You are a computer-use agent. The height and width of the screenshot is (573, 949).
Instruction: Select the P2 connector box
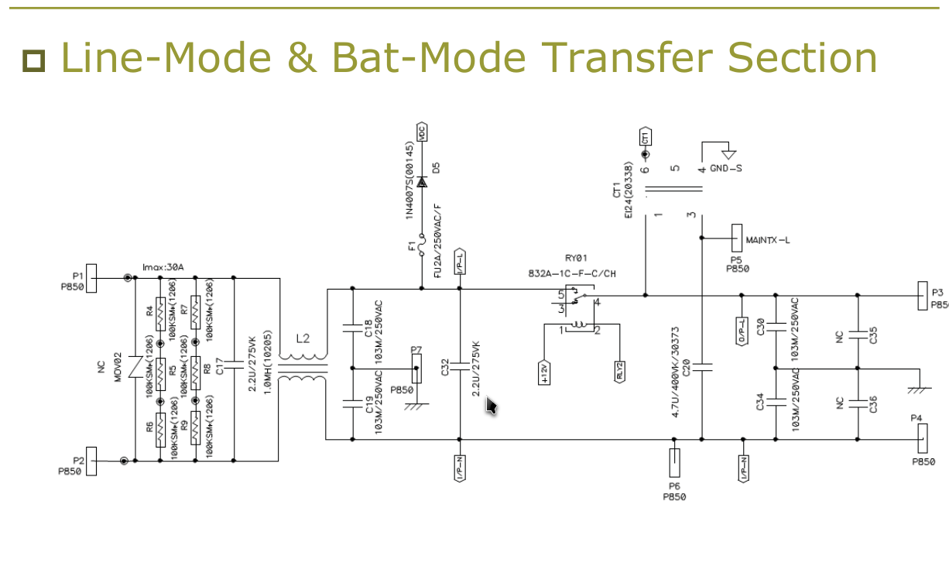[91, 461]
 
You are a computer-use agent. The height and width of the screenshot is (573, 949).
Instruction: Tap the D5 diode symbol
[422, 182]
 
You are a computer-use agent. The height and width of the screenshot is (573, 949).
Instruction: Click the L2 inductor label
[303, 339]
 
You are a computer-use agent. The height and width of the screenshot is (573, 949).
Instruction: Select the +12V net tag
[544, 372]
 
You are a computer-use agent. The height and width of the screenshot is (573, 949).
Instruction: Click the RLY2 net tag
[620, 372]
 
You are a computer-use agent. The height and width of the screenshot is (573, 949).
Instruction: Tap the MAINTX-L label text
[768, 240]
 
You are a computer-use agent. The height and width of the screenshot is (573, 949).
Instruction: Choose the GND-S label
[726, 168]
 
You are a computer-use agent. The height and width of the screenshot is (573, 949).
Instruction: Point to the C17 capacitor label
[220, 366]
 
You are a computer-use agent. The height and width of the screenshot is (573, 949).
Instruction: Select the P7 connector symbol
[417, 372]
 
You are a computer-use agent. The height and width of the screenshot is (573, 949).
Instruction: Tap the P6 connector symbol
[674, 463]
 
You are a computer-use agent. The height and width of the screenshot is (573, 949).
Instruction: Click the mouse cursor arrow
[491, 405]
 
